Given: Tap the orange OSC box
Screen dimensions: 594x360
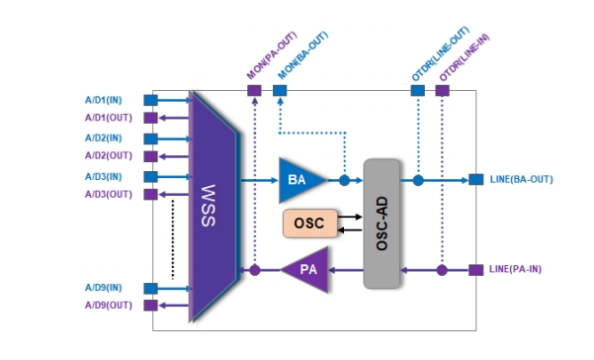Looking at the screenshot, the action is click(310, 224).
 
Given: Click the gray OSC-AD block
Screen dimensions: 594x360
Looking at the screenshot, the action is click(382, 224).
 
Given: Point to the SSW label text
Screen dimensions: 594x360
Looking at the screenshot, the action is click(209, 206).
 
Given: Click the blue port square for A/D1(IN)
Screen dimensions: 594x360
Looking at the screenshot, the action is click(151, 101).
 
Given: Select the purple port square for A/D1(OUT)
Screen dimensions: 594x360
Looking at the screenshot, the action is click(151, 118).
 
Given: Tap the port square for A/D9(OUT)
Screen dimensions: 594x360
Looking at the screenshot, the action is click(151, 305).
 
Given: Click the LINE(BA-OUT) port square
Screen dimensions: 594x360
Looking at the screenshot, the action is click(475, 179).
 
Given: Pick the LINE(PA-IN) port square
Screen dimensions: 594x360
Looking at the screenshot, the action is click(475, 270).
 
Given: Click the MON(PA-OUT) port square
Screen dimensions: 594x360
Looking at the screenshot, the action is click(255, 91).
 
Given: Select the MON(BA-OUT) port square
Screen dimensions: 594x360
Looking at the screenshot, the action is click(280, 91).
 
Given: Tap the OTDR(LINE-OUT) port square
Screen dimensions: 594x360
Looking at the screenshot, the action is click(418, 91).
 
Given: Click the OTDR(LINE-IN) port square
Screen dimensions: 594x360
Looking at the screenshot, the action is click(443, 91).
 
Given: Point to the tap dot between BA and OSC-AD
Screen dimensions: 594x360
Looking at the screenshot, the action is click(344, 180).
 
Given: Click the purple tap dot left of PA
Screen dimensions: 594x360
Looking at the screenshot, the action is click(255, 270).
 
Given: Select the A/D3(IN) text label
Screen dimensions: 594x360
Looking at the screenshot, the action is click(104, 177).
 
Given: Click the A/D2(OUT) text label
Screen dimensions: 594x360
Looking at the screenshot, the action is click(109, 155).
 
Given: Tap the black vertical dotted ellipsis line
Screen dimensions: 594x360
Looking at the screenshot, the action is click(173, 239).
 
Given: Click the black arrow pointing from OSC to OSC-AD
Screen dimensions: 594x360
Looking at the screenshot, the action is click(349, 218).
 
